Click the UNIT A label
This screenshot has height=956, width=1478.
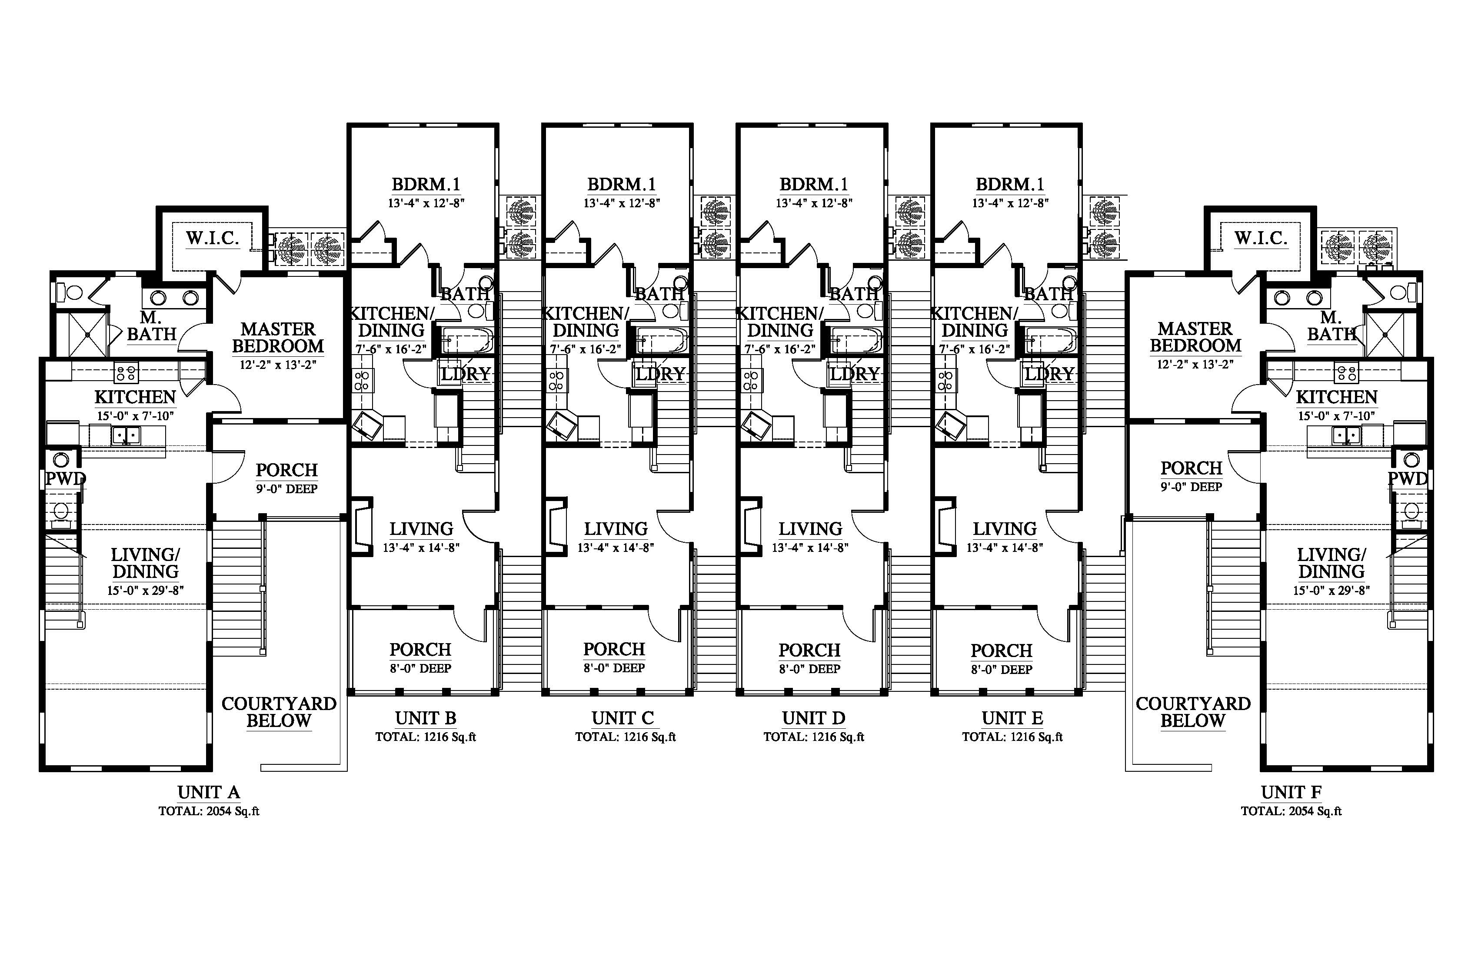point(209,793)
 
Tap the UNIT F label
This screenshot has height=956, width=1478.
point(1291,793)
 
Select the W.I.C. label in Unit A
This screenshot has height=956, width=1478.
point(213,239)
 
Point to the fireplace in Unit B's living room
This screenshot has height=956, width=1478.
point(361,524)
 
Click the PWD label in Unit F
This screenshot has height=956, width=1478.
point(1408,478)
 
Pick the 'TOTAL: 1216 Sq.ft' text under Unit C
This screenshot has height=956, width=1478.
point(626,737)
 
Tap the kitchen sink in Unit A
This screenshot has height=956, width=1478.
point(126,435)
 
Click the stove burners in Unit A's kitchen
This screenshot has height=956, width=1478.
point(126,374)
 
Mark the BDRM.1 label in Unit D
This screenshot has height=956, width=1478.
point(813,184)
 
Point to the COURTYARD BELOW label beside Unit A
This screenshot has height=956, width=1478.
point(279,712)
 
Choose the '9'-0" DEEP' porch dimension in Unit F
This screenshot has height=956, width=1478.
point(1191,487)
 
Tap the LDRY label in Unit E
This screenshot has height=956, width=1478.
point(1049,374)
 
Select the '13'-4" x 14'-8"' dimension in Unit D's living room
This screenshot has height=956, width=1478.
point(810,548)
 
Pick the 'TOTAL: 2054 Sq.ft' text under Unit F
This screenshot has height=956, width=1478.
point(1291,811)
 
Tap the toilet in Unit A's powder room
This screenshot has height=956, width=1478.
point(60,512)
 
